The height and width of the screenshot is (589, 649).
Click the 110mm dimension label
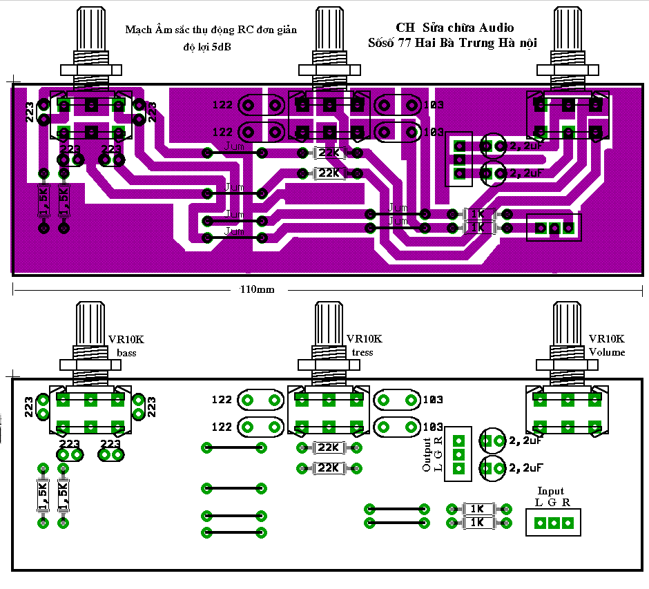[255, 289]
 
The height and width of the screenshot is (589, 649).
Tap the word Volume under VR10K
[607, 352]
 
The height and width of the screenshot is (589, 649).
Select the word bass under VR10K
[127, 354]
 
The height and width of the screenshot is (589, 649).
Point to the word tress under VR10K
[362, 353]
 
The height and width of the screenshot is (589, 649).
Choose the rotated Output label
[427, 455]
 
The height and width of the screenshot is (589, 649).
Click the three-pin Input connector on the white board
[553, 523]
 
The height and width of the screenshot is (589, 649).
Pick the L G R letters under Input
[552, 503]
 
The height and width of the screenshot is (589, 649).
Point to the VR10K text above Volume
[607, 339]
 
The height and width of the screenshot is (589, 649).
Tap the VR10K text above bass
[126, 340]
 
